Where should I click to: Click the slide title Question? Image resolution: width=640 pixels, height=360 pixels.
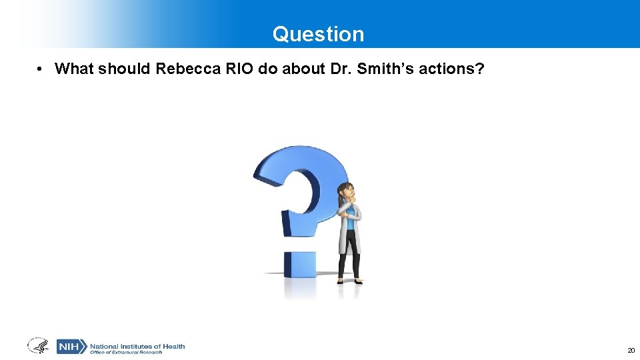pos(318,34)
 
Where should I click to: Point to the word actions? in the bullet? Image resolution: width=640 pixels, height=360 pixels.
pos(450,69)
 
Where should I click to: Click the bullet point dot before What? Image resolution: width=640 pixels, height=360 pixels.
pos(41,69)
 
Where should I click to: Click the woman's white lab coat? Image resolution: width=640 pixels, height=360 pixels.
pos(348,230)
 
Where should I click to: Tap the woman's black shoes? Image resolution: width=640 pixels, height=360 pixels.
pos(349,281)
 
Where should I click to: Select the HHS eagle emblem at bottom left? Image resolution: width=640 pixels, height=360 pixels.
pos(38,346)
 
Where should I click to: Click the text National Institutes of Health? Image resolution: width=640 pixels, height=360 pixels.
pos(137,345)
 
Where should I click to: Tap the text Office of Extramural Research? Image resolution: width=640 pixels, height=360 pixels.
pos(127,352)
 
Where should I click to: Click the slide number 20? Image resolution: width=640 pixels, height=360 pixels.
pos(631,350)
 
